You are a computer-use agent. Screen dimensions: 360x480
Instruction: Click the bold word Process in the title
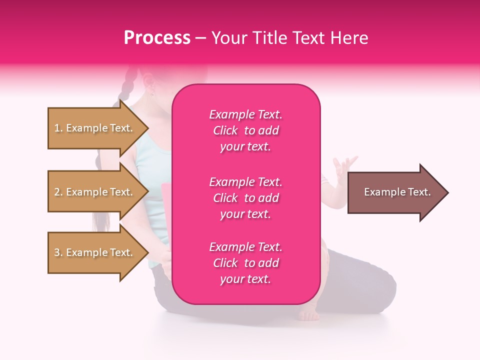tap(157, 38)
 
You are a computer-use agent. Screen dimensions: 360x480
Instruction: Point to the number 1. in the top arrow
tap(58, 128)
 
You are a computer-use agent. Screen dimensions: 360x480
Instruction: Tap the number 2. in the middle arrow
tap(58, 192)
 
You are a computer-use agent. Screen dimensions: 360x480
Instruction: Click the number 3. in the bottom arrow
tap(58, 252)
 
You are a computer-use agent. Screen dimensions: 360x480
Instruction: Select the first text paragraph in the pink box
tap(245, 130)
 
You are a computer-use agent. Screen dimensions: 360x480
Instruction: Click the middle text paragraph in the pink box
tap(245, 198)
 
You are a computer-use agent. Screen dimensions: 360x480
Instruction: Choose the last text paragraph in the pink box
tap(245, 263)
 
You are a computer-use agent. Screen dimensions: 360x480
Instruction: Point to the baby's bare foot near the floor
tap(309, 314)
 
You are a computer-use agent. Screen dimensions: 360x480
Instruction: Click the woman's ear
tap(148, 79)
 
